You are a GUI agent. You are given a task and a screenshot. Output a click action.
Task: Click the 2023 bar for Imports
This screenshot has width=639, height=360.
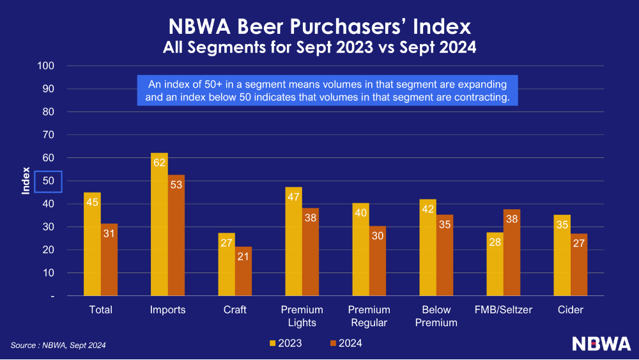point(159,230)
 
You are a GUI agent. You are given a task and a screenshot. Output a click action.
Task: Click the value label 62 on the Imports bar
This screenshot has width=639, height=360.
point(159,162)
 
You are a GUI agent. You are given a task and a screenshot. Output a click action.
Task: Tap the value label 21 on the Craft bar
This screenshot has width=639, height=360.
point(243,256)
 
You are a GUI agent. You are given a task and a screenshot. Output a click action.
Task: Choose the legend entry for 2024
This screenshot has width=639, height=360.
point(344,343)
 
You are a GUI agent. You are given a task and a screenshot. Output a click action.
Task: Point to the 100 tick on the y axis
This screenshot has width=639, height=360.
point(46,66)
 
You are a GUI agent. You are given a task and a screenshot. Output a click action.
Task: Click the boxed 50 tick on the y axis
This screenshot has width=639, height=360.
point(48,182)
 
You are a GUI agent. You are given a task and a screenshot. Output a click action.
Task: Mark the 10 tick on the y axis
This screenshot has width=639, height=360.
point(49,273)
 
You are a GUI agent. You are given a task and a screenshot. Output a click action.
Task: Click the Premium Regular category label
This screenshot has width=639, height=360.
point(369,317)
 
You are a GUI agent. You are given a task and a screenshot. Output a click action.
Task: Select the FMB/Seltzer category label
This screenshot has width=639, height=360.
point(504,310)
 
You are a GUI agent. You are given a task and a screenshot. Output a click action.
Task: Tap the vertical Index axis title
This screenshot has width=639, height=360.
point(26,181)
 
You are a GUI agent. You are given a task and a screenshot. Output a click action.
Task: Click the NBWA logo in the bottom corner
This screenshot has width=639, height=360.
point(601,343)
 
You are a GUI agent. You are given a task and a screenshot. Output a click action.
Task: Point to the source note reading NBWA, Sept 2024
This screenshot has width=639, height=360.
point(58,345)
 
